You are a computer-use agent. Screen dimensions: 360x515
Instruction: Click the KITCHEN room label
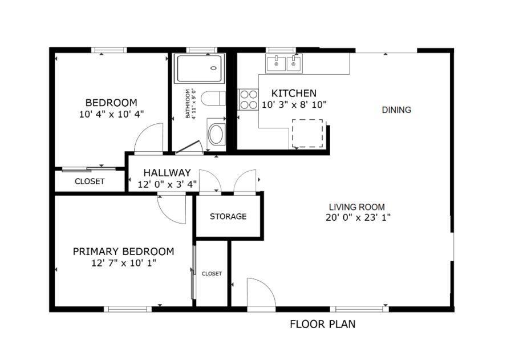tap(293, 93)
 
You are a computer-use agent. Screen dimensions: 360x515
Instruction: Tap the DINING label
tap(396, 110)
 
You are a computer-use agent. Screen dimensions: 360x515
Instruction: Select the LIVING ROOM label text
tap(356, 207)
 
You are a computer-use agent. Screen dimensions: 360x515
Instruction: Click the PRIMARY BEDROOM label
tap(123, 252)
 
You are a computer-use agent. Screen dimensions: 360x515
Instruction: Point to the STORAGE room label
tap(228, 217)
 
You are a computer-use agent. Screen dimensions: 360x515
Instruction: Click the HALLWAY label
tap(167, 173)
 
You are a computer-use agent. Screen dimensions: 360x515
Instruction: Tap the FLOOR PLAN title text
tap(322, 325)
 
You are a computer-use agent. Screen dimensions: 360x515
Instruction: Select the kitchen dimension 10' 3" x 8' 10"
tap(294, 104)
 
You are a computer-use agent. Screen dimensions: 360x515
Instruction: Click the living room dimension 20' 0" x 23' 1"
tap(357, 217)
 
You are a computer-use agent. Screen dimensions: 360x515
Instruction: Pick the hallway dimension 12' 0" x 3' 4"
tap(167, 184)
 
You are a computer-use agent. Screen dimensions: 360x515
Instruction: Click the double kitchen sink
tap(283, 63)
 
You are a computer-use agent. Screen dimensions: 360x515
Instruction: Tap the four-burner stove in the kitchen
tap(248, 99)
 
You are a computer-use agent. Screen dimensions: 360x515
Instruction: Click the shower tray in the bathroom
tap(199, 68)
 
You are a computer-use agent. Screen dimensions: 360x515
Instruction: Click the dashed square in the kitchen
tap(307, 133)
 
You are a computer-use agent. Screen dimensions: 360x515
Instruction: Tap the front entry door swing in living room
tap(260, 293)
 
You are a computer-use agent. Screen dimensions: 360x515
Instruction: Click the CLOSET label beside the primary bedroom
tap(212, 274)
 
